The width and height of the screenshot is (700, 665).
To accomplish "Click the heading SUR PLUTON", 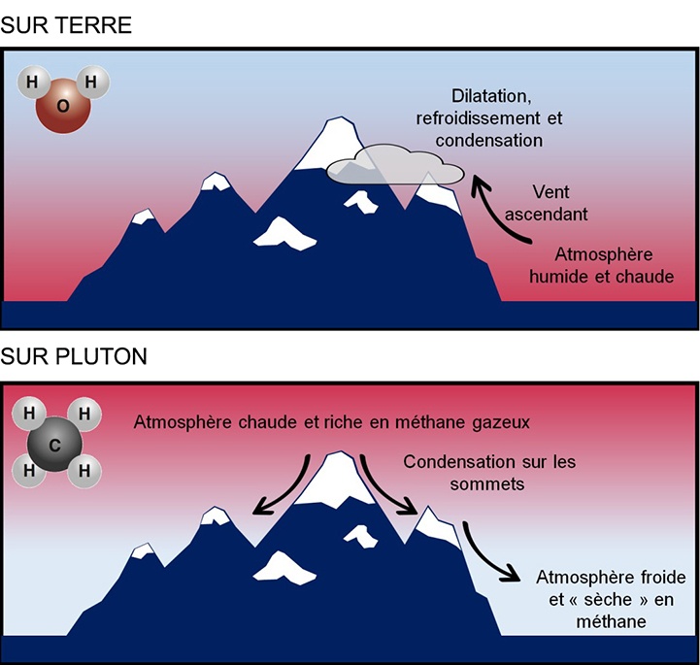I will click(x=74, y=356).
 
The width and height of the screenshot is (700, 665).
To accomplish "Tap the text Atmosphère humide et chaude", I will click(x=614, y=265).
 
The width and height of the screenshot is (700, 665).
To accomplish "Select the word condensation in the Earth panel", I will click(x=489, y=140).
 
